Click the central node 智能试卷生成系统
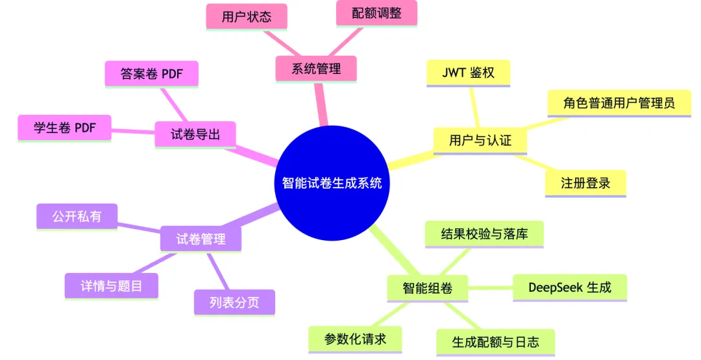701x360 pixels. [332, 183]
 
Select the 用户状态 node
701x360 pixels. [247, 18]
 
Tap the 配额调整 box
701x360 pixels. [376, 14]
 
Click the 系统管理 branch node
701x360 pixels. [316, 69]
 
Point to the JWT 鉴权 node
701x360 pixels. [468, 73]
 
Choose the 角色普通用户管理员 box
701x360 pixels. [619, 102]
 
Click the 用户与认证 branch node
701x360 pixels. [480, 140]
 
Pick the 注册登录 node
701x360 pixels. [585, 183]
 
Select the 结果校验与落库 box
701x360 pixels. [484, 234]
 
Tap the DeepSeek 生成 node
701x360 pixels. [569, 287]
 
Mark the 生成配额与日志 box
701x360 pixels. [495, 342]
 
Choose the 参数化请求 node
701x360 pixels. [355, 339]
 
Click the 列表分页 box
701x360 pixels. [234, 302]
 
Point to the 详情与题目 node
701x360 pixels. [111, 285]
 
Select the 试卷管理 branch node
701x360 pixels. [201, 239]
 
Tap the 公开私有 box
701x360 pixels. [77, 216]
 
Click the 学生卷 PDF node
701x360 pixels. [64, 128]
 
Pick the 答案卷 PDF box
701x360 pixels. [151, 74]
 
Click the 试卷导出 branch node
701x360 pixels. [195, 135]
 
